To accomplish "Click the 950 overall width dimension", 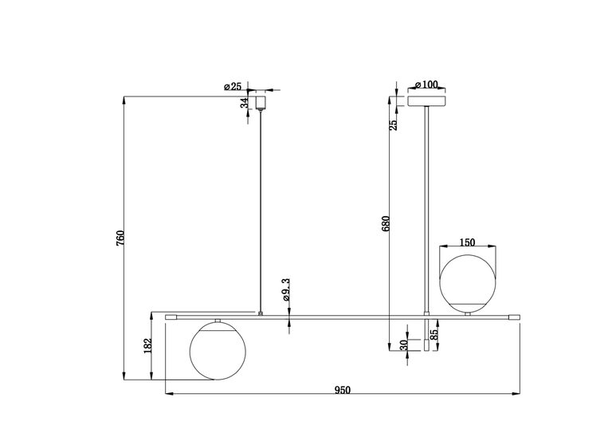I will pos(342,389).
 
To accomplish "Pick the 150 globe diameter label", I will pos(467,242).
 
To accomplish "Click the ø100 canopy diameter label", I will pos(427,85).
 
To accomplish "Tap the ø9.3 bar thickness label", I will pos(284,291).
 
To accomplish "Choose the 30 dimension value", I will pos(404,344).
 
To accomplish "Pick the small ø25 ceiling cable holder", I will pos(260,102).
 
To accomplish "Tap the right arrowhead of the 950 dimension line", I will pos(518,395).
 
